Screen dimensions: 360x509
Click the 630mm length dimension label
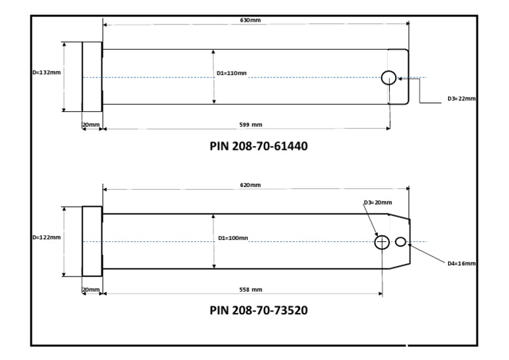tap(250, 21)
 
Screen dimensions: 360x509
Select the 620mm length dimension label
tap(250, 185)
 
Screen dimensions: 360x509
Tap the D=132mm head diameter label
tap(46, 72)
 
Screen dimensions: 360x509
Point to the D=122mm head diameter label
tap(46, 237)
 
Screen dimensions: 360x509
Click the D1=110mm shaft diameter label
tap(232, 73)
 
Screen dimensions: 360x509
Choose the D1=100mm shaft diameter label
tap(232, 237)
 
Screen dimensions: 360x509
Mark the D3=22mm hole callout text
tap(461, 99)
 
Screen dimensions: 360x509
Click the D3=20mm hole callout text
tap(378, 202)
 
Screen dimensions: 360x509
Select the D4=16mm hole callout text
tap(461, 263)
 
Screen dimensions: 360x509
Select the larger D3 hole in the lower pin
tap(382, 242)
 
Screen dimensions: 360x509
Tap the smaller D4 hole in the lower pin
tap(400, 242)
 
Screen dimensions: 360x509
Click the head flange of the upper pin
tap(91, 77)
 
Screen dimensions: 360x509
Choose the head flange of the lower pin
tap(91, 241)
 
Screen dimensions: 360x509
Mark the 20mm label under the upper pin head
tap(91, 125)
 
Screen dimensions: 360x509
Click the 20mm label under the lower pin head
tap(91, 290)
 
